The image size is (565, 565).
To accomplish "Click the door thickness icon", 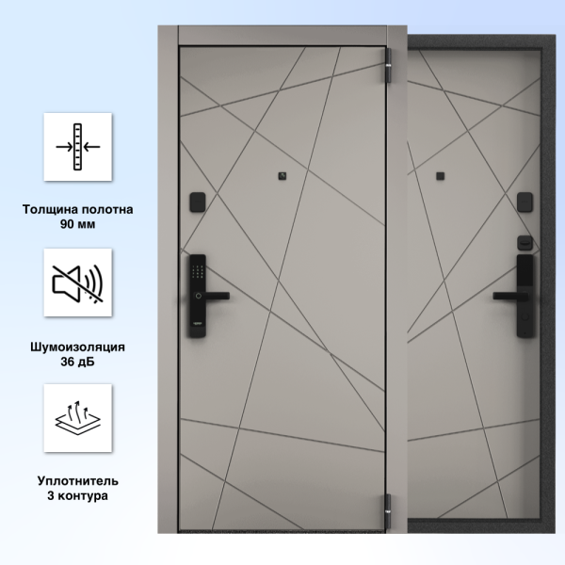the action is click(x=78, y=147).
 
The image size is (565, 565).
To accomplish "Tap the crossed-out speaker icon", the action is click(x=78, y=283).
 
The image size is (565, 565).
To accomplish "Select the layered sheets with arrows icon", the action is click(x=78, y=417).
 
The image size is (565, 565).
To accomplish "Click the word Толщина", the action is click(x=51, y=209).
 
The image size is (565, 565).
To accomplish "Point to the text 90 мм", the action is click(x=78, y=224).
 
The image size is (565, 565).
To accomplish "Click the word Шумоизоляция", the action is click(x=78, y=347).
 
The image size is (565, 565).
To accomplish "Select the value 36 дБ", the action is click(x=78, y=362).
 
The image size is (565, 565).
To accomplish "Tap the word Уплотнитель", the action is click(x=78, y=481).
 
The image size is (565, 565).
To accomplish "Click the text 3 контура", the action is click(x=78, y=496).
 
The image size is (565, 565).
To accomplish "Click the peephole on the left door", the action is click(x=282, y=176).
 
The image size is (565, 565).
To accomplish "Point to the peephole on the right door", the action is click(x=441, y=176).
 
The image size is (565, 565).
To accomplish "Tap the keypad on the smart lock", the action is click(x=198, y=271).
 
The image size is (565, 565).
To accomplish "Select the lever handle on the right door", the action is click(x=508, y=297).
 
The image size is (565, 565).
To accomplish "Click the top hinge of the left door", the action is click(x=388, y=66).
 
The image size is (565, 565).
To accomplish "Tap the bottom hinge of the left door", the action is click(x=388, y=510).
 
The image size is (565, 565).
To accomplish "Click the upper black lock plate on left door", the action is click(x=198, y=202).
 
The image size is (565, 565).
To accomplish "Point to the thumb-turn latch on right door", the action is click(x=525, y=243).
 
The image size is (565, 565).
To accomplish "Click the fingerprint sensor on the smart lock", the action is click(x=198, y=296).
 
